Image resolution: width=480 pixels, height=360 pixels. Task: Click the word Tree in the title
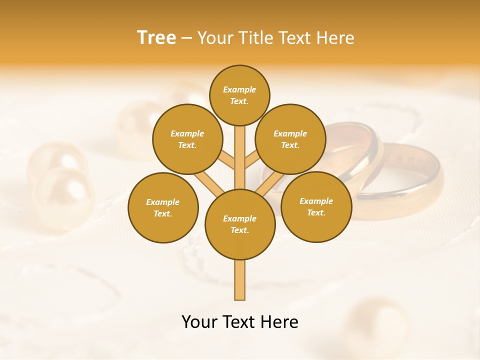click(x=156, y=37)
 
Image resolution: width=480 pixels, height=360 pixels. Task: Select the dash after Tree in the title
click(x=187, y=38)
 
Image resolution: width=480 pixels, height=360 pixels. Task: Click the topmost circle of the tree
click(x=239, y=95)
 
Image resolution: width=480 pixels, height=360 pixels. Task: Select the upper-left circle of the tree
click(x=187, y=139)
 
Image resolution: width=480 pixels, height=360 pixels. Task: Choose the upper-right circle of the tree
click(x=290, y=139)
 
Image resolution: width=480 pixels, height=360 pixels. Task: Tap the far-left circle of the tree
click(x=162, y=207)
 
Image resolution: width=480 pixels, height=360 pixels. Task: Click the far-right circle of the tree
click(x=316, y=206)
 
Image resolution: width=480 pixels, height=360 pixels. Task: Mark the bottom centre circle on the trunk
click(x=240, y=224)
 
